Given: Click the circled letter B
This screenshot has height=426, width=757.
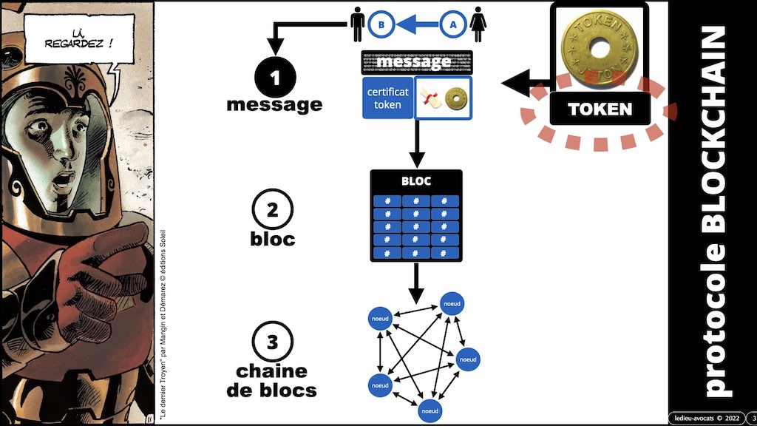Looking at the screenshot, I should [380, 25].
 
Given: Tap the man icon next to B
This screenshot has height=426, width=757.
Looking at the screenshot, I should [358, 24].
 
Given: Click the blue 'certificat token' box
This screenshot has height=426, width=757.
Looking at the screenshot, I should [387, 98].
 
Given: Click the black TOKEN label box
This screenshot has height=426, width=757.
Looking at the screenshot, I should [600, 109].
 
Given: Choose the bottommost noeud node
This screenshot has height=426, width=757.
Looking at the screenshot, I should [429, 409].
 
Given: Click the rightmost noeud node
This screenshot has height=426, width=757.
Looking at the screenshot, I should [469, 359].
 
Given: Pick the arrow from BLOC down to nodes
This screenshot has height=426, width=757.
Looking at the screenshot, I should [415, 280].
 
